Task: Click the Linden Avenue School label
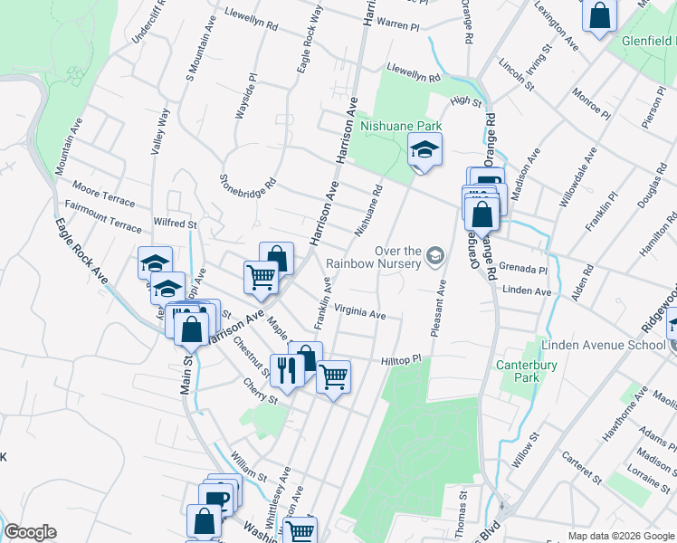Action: pos(603,345)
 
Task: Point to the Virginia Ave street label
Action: pos(359,314)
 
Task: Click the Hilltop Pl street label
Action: pos(402,360)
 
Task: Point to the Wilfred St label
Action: pos(175,223)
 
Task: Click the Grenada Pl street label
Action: pos(523,270)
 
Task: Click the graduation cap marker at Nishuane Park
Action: pos(424,149)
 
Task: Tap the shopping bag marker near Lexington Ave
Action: pos(599,16)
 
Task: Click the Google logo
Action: pos(30,532)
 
